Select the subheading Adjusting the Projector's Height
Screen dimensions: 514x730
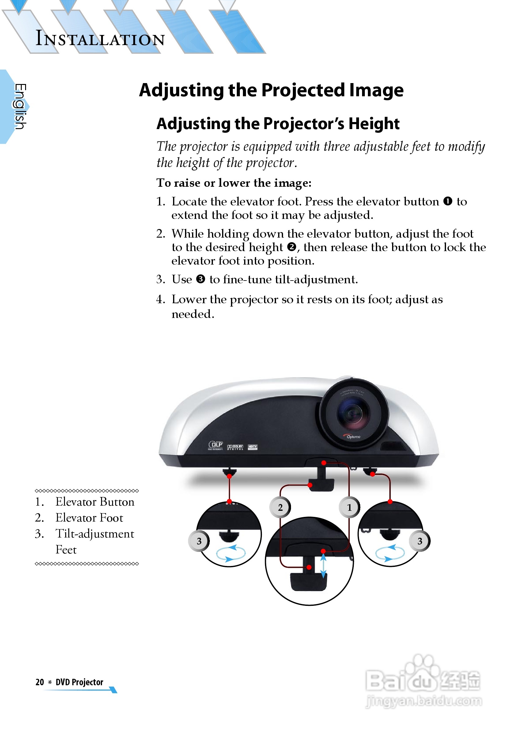(x=278, y=123)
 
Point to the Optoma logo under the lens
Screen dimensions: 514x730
(x=353, y=437)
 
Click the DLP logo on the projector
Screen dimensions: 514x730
(x=216, y=445)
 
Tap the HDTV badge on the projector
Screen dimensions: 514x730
(x=252, y=447)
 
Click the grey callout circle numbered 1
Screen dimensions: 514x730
(x=349, y=507)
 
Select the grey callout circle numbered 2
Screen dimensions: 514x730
(x=280, y=507)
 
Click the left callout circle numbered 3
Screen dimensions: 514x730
(x=199, y=541)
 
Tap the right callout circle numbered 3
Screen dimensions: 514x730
(x=420, y=541)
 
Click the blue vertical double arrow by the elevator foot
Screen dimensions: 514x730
(x=323, y=566)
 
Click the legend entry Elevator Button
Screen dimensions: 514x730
(x=95, y=502)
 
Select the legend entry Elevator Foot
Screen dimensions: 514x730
(x=89, y=518)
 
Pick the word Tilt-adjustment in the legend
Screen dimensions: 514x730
(x=95, y=533)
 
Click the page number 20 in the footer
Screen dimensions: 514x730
(x=40, y=682)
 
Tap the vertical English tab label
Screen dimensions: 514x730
(x=20, y=106)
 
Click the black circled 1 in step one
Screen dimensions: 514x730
(x=448, y=201)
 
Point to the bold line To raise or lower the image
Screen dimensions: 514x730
(x=234, y=183)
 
